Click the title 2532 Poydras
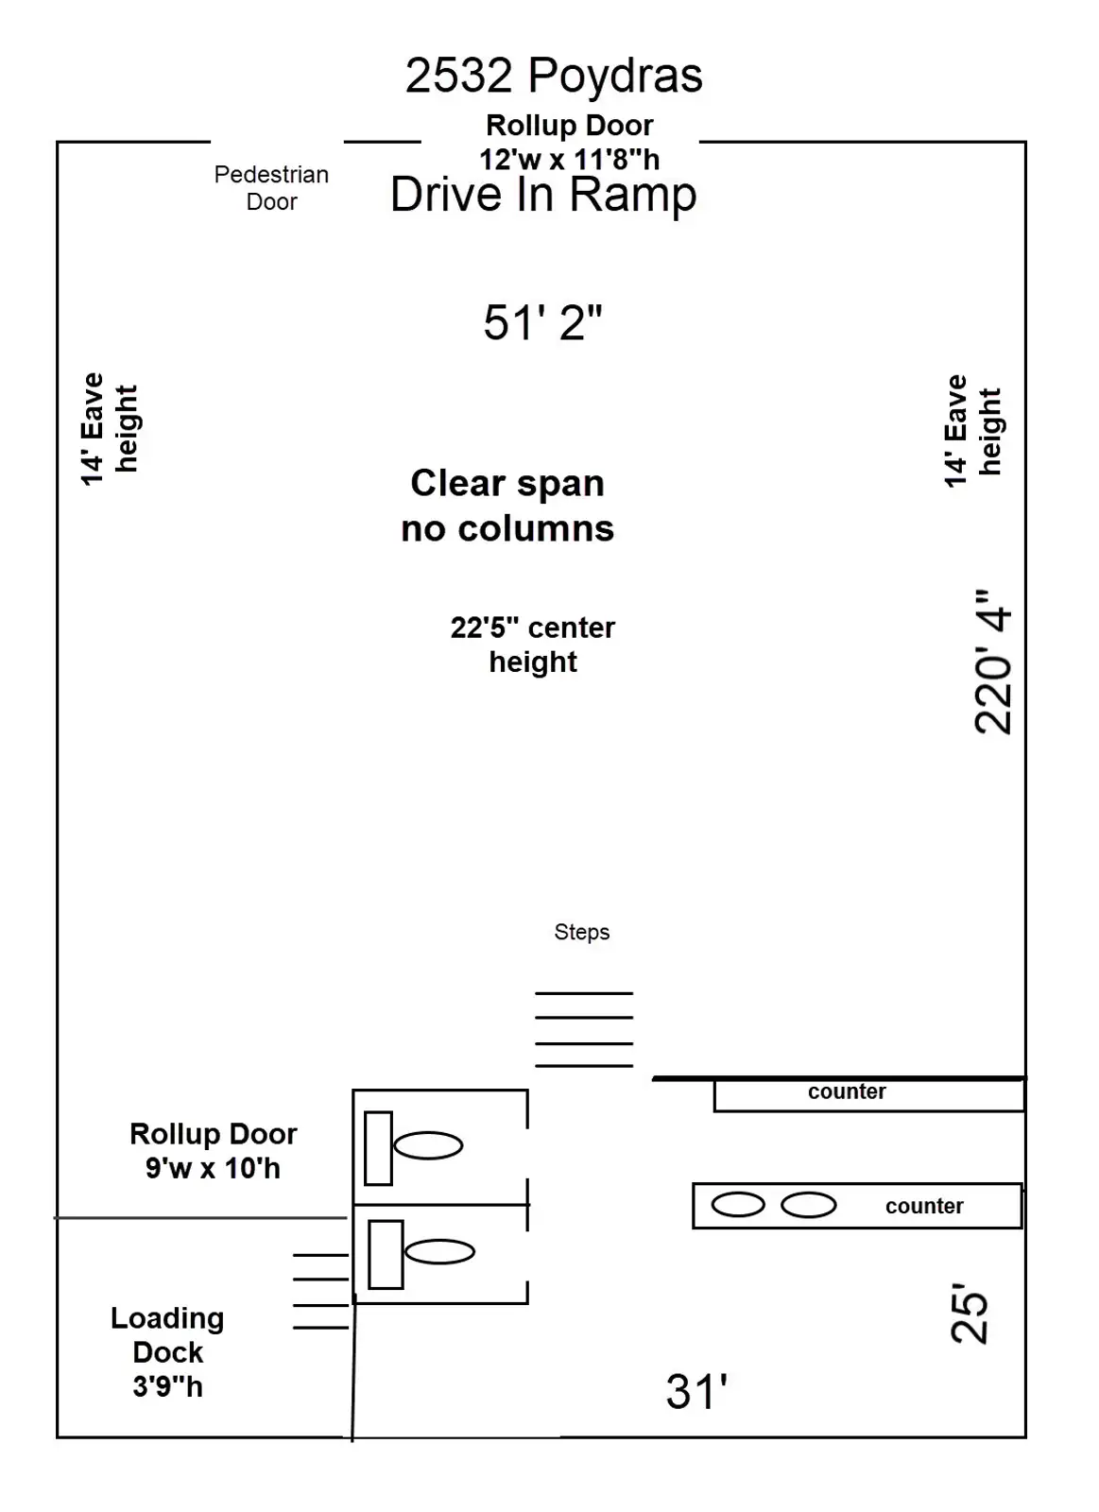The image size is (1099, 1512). pyautogui.click(x=554, y=76)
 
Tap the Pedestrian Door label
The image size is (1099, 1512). pyautogui.click(x=271, y=188)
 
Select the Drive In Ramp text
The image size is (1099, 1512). pyautogui.click(x=543, y=196)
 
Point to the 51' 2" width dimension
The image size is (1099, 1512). pyautogui.click(x=542, y=323)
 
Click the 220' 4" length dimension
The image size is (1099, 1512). pyautogui.click(x=993, y=661)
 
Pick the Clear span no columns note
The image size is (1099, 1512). pyautogui.click(x=507, y=506)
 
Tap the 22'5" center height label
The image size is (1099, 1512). pyautogui.click(x=533, y=644)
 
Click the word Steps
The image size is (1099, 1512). pyautogui.click(x=581, y=932)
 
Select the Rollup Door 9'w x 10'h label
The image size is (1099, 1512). pyautogui.click(x=213, y=1151)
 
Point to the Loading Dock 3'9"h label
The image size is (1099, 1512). pyautogui.click(x=167, y=1352)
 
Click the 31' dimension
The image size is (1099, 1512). pyautogui.click(x=696, y=1392)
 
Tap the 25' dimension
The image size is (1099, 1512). pyautogui.click(x=970, y=1314)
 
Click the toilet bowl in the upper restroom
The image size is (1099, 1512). pyautogui.click(x=428, y=1145)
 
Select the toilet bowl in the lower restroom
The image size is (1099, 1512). pyautogui.click(x=439, y=1252)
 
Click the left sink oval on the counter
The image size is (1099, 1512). pyautogui.click(x=737, y=1205)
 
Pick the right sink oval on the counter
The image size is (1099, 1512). pyautogui.click(x=809, y=1205)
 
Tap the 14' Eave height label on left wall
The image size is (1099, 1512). pyautogui.click(x=109, y=429)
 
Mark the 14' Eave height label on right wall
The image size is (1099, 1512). pyautogui.click(x=972, y=431)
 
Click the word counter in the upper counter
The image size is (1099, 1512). pyautogui.click(x=847, y=1091)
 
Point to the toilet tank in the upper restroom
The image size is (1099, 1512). pyautogui.click(x=378, y=1148)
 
